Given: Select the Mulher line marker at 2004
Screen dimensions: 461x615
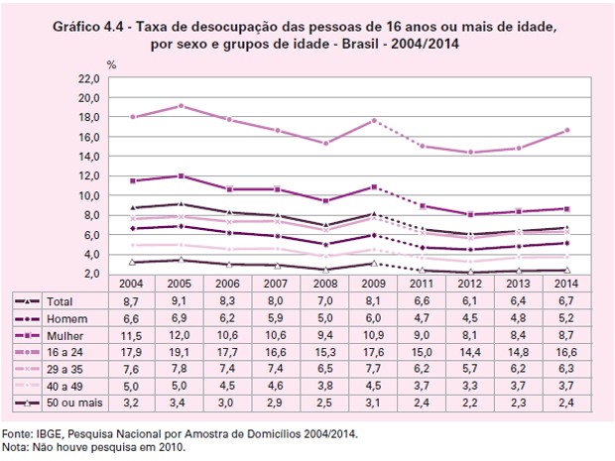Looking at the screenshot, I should coord(135,180).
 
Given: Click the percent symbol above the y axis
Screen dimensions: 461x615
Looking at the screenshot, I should coord(111,64).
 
